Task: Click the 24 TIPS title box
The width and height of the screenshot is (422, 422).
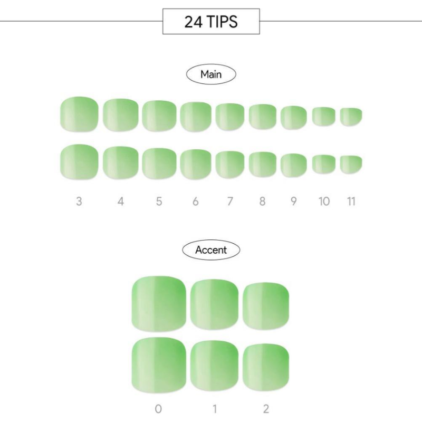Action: (211, 21)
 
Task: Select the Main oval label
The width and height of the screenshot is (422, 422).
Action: (211, 74)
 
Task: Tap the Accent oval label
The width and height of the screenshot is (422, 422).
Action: (211, 250)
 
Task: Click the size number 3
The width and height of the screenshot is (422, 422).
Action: (79, 202)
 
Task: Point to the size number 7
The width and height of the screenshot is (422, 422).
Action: (230, 202)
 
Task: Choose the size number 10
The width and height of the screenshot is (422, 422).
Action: (324, 202)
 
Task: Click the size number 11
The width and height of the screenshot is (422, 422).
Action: (351, 202)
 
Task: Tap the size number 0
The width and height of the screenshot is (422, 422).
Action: (158, 409)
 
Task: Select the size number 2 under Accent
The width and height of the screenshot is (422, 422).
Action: (266, 409)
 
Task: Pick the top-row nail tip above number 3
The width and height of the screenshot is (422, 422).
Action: (79, 114)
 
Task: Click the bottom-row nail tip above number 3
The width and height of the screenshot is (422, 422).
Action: (79, 162)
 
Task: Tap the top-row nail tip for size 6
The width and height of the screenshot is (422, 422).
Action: (196, 117)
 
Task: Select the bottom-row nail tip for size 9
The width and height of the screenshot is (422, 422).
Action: (294, 165)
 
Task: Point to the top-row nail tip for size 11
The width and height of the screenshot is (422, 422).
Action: (351, 117)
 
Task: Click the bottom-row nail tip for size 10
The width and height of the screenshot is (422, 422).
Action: (324, 164)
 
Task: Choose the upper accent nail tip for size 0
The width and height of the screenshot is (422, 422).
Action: (159, 304)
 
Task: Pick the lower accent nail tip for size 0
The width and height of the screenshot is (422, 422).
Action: (159, 365)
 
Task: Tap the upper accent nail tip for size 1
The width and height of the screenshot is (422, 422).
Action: (214, 305)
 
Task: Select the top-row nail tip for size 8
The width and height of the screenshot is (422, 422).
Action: (263, 117)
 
